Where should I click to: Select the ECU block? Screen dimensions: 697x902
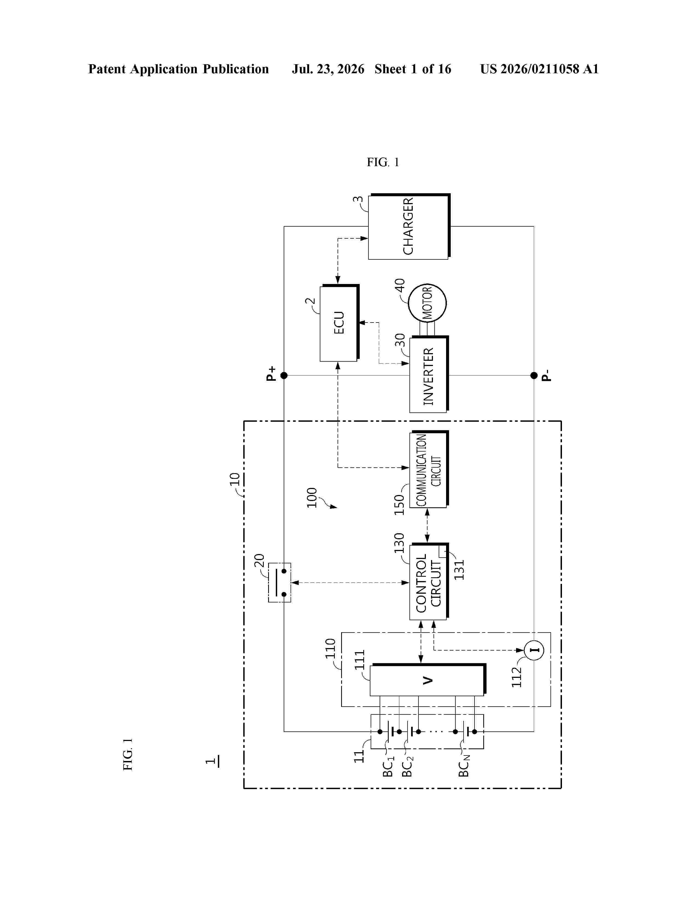(339, 323)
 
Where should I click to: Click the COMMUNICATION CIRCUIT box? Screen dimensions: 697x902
(429, 469)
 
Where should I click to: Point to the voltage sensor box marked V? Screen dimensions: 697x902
(428, 680)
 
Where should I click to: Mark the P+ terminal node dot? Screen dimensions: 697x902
(284, 375)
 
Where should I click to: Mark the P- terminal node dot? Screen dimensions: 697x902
(534, 375)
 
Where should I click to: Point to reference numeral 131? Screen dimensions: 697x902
(459, 570)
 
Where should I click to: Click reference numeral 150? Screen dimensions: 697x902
(399, 505)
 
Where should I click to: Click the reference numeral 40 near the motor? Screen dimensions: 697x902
(400, 285)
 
